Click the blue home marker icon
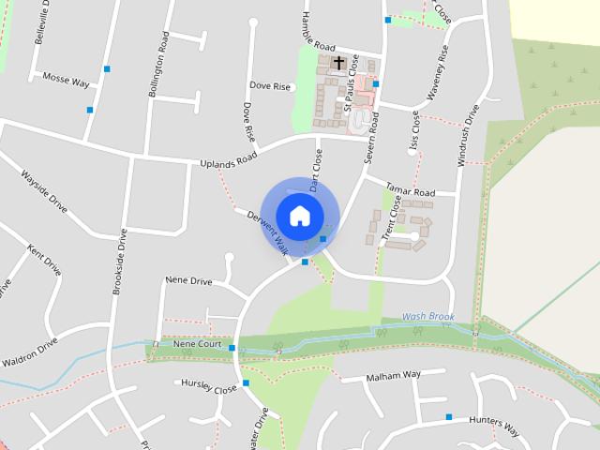(299, 216)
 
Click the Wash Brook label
(428, 317)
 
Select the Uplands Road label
(228, 162)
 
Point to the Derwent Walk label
(266, 232)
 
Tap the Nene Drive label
(188, 280)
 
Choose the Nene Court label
(197, 344)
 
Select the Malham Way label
(394, 375)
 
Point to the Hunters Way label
(494, 426)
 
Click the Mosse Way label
(66, 82)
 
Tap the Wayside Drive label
(45, 191)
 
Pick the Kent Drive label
(44, 261)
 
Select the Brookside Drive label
(119, 262)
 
